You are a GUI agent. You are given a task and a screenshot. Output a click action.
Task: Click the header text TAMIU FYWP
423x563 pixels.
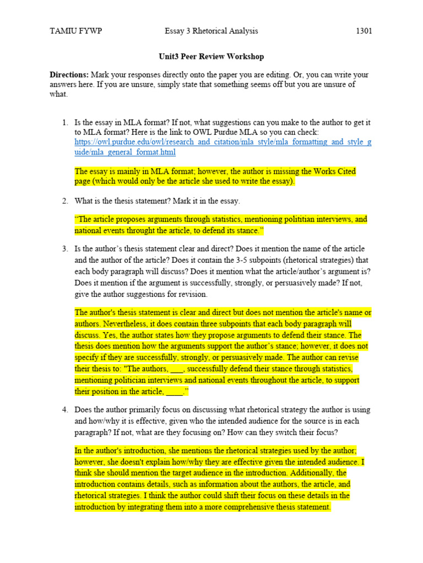point(75,31)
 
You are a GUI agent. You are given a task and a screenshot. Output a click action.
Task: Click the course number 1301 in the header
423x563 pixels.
point(364,31)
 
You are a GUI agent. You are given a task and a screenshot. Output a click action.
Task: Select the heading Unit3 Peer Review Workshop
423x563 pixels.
point(211,57)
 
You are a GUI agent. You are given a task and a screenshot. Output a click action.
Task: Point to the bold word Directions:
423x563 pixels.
point(69,75)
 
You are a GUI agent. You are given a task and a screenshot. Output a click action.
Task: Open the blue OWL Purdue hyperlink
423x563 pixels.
point(223,147)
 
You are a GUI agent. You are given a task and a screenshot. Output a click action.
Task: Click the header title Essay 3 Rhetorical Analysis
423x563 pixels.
point(211,31)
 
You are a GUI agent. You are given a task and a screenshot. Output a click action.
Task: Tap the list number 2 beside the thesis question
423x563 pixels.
point(64,201)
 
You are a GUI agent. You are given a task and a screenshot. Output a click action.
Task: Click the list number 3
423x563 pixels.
point(64,249)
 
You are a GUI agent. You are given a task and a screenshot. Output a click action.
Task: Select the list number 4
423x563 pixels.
point(64,410)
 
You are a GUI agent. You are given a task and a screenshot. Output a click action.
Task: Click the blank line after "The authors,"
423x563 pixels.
point(176,369)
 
